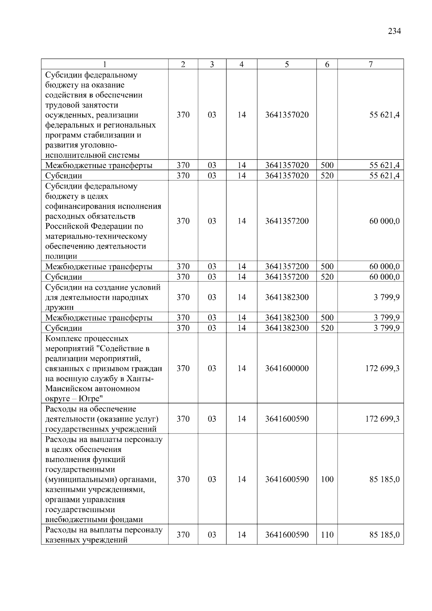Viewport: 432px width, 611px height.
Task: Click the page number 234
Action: [394, 31]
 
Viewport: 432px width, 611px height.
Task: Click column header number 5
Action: [287, 64]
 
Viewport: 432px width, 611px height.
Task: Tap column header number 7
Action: [370, 64]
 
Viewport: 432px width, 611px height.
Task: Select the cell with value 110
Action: [327, 535]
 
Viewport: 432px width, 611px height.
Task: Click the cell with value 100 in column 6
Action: [327, 479]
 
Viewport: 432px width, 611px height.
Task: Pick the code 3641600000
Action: [287, 368]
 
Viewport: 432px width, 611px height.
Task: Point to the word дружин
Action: [59, 308]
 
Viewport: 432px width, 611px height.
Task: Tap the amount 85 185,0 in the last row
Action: [384, 535]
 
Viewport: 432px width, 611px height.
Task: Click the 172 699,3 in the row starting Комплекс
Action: [382, 368]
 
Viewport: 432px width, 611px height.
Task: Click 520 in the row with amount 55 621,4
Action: [327, 176]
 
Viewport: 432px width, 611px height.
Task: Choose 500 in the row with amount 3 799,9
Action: [327, 318]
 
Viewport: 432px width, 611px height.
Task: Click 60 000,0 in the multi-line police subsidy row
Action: [384, 221]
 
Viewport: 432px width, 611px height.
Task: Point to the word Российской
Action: [67, 226]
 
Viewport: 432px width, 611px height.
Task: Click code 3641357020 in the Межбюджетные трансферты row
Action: [287, 166]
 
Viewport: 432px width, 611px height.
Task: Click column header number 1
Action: [104, 64]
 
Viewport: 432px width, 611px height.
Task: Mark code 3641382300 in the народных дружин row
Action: [287, 297]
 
